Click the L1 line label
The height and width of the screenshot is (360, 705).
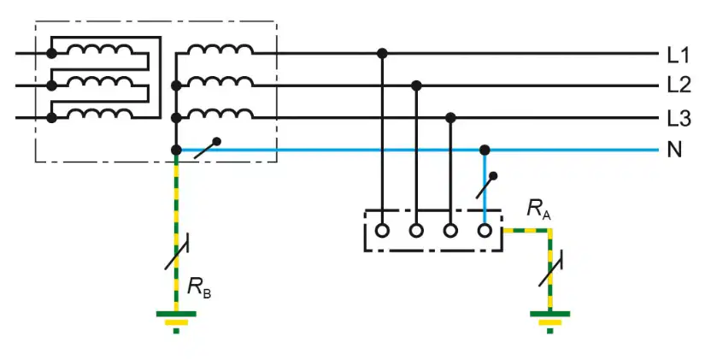click(678, 56)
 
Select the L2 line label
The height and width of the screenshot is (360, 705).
click(679, 86)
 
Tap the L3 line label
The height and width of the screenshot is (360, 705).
click(679, 118)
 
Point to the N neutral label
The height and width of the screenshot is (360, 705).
click(674, 150)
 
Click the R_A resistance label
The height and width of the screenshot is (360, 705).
click(538, 209)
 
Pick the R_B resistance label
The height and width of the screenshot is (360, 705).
click(199, 287)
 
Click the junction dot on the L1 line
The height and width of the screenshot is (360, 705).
click(382, 54)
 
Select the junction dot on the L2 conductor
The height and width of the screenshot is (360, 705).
click(416, 86)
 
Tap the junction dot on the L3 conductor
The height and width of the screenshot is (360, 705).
click(450, 118)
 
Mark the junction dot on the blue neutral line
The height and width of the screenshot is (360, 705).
click(485, 150)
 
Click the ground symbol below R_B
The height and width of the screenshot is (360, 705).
click(176, 322)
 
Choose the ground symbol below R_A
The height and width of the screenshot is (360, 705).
click(549, 322)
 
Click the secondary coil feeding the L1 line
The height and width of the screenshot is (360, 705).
click(220, 49)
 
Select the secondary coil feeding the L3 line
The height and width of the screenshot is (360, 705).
click(220, 113)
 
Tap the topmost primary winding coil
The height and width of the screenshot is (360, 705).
click(100, 49)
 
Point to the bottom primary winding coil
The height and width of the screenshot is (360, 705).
click(100, 113)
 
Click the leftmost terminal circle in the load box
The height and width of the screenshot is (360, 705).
click(382, 231)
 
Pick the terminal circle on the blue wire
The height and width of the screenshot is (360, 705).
click(485, 231)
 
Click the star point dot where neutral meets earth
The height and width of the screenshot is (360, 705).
click(176, 150)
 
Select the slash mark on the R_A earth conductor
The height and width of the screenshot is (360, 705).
click(551, 269)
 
